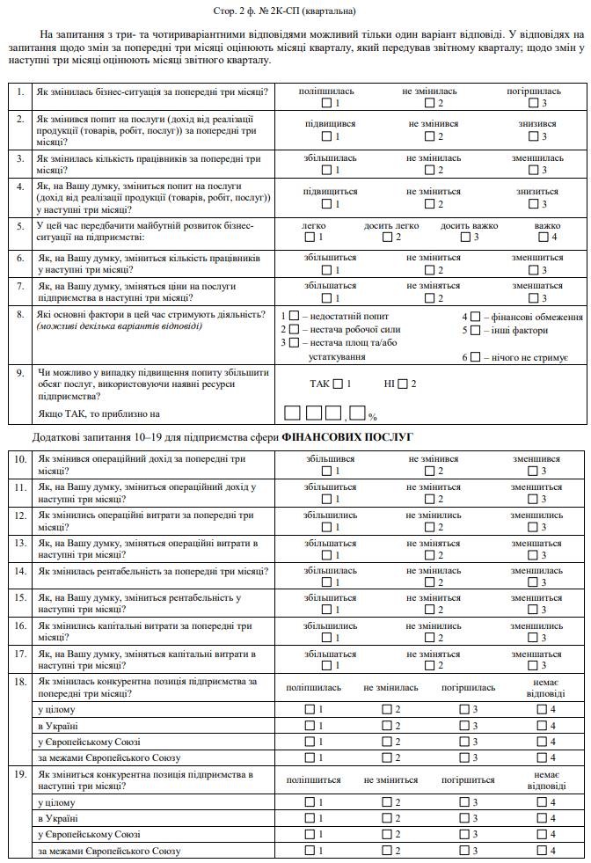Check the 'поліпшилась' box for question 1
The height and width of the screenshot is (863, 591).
click(326, 104)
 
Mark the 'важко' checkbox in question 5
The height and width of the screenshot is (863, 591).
click(543, 237)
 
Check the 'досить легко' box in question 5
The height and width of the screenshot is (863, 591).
click(387, 237)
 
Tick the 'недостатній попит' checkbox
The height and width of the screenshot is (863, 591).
click(295, 316)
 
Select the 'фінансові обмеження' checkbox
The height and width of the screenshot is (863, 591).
click(475, 316)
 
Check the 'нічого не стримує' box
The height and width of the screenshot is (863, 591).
click(475, 357)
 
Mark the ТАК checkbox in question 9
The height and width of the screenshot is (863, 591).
click(339, 384)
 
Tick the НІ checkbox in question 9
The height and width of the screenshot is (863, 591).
click(403, 384)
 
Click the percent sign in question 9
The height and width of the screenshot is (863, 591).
click(373, 416)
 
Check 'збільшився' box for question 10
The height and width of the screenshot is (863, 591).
click(326, 471)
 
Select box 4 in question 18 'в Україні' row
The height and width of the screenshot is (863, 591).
click(543, 725)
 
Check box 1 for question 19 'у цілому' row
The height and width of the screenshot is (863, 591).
click(309, 802)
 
